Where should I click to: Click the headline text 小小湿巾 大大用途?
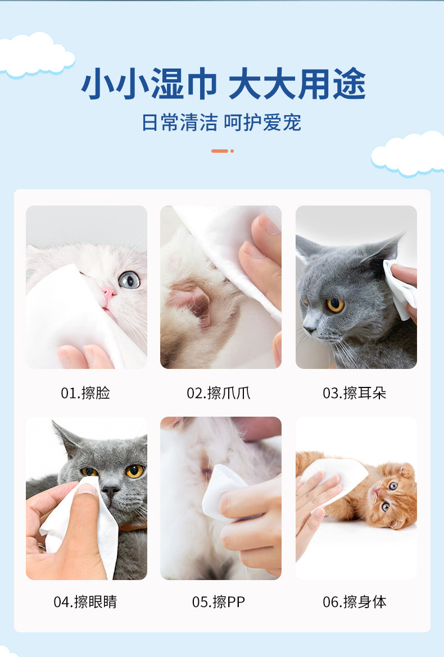(x=223, y=85)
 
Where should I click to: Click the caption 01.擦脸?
(x=85, y=393)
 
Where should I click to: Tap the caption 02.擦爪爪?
(x=219, y=393)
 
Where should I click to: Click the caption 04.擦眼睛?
(x=85, y=602)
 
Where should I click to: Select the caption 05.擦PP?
(x=219, y=602)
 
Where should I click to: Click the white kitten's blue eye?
(x=129, y=279)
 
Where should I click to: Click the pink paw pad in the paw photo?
(x=188, y=298)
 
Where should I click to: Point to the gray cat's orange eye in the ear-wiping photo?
(x=336, y=304)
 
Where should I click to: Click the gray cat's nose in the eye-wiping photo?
(x=111, y=490)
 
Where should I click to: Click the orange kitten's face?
(x=388, y=494)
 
